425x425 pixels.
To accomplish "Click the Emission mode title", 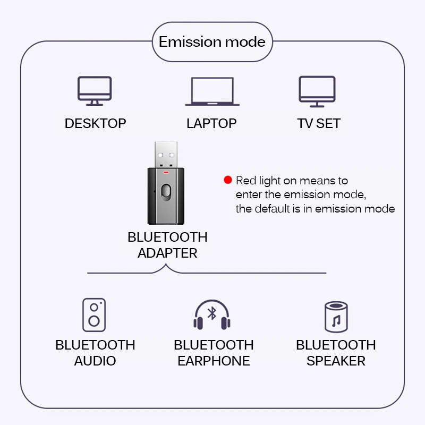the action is tap(212, 42).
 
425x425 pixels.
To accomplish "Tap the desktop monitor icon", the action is tap(95, 90).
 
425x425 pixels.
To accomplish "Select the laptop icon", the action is tap(211, 91).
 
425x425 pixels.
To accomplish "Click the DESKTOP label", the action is tap(95, 124).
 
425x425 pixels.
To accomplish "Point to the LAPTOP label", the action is tap(211, 124).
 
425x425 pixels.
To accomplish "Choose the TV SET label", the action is tap(319, 124).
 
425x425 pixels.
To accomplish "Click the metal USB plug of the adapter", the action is tap(166, 155).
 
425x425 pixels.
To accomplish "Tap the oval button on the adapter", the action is tap(167, 192).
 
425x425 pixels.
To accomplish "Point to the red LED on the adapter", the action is tap(166, 172).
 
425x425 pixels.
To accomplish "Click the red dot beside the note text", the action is tap(228, 180).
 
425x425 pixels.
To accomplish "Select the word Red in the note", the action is tap(245, 181).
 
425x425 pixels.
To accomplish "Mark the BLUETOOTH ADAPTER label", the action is tap(167, 245).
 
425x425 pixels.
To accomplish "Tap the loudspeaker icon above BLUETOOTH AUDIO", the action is tap(94, 315).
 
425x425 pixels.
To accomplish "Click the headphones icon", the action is tap(211, 314).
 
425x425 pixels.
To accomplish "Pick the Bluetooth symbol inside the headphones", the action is tap(212, 313).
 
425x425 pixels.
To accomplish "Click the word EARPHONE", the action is tap(214, 361).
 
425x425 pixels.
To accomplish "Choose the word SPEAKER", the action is tap(336, 361).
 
